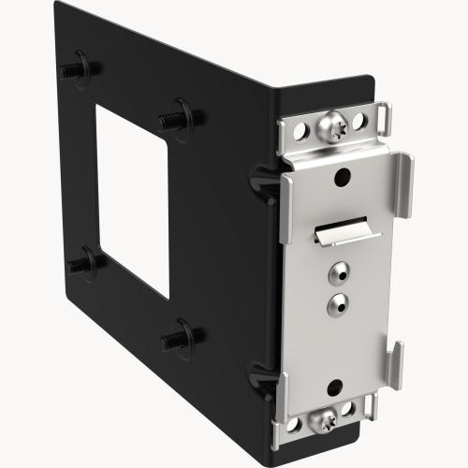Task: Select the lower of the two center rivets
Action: (x=335, y=301)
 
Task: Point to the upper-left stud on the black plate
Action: (x=72, y=71)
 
